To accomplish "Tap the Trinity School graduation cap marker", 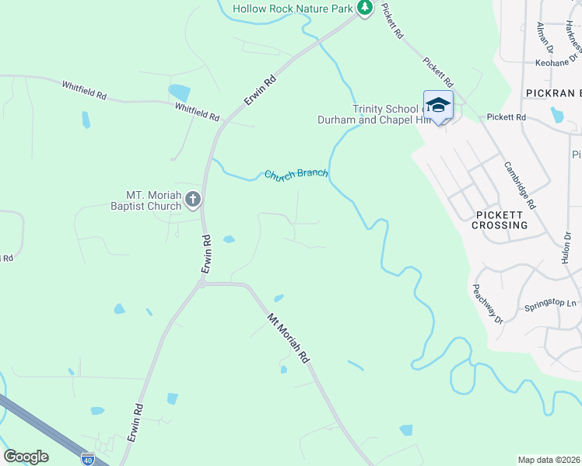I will [x=438, y=106].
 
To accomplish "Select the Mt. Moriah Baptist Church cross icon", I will [x=193, y=200].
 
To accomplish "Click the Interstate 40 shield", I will [x=88, y=459].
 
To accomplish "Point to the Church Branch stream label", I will [x=296, y=175].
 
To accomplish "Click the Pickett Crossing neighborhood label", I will [x=500, y=219].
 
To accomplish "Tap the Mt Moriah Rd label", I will [x=289, y=339].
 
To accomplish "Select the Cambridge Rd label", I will [x=519, y=184].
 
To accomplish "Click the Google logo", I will [x=26, y=457].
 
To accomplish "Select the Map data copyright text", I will [x=549, y=460].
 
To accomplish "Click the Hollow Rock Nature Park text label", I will [x=294, y=8].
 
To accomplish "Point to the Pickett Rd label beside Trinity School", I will [x=506, y=117].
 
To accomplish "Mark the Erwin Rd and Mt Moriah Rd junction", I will [x=201, y=284].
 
